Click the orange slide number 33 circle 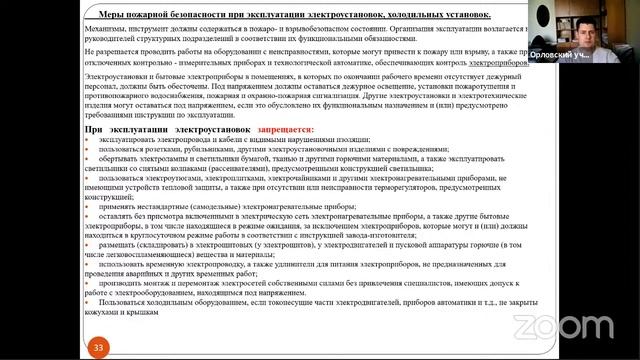pyautogui.click(x=98, y=346)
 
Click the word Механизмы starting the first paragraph pyautogui.click(x=104, y=32)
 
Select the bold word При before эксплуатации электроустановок pyautogui.click(x=95, y=130)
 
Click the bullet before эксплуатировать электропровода pyautogui.click(x=87, y=140)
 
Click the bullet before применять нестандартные pyautogui.click(x=87, y=199)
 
